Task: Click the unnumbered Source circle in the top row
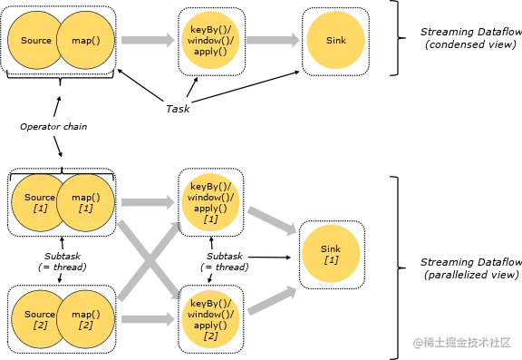pos(34,41)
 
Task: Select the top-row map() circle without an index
pos(85,41)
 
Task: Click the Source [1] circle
pos(36,202)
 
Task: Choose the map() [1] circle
pos(85,202)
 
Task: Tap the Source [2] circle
pos(36,318)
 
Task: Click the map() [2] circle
pos(85,318)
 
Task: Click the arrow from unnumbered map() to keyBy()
pos(148,42)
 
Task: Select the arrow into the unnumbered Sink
pos(271,42)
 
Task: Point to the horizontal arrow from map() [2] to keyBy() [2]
pos(147,318)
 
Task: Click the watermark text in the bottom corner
pos(463,342)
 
